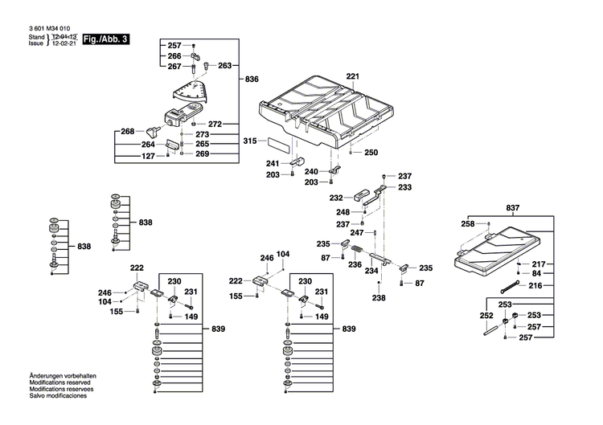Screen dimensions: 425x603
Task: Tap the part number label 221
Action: point(352,76)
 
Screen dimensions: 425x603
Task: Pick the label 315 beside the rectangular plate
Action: point(250,141)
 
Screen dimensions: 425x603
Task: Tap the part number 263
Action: point(225,66)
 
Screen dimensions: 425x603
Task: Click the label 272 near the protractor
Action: point(215,124)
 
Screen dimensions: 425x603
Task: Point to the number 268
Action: point(127,131)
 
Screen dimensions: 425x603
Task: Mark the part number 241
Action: point(273,163)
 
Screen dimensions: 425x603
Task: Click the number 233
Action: point(404,187)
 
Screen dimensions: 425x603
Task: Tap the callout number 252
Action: point(486,316)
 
